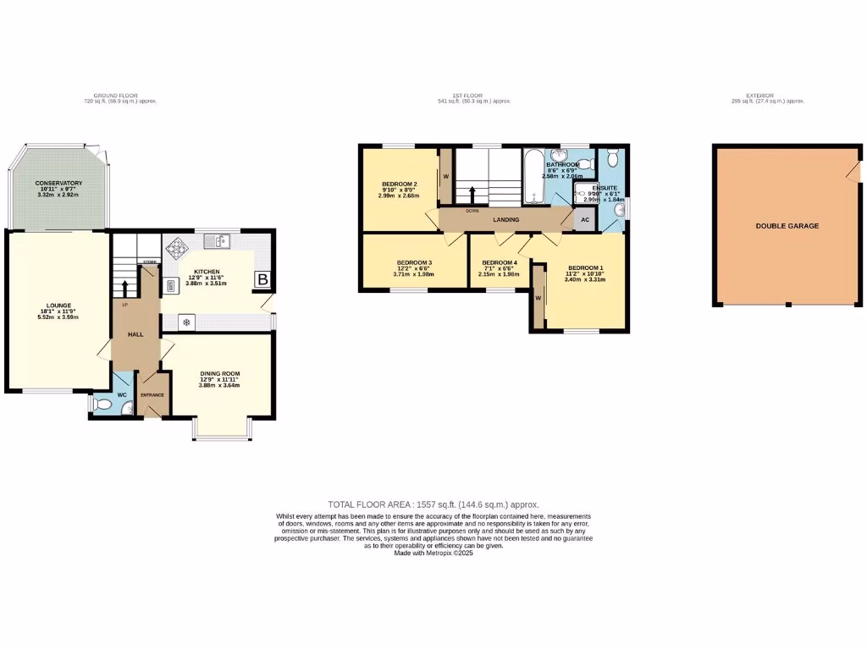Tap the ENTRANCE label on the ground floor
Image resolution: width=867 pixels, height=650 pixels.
tap(152, 395)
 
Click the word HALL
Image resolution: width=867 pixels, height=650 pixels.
tap(135, 334)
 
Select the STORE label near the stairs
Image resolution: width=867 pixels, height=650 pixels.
tap(149, 262)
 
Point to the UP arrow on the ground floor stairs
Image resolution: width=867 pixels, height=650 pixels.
tap(124, 289)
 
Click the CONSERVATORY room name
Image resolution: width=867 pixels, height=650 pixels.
tap(58, 183)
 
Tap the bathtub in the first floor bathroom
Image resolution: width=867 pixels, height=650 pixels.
tap(533, 176)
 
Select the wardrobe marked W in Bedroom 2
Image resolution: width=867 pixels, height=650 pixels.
tap(445, 176)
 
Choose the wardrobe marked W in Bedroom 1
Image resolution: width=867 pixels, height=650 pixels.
tap(538, 297)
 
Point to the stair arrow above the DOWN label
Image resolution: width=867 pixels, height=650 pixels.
tap(472, 194)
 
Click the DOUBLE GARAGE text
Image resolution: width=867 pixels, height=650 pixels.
tap(787, 226)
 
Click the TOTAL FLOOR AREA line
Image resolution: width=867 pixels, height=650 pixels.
tap(433, 504)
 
